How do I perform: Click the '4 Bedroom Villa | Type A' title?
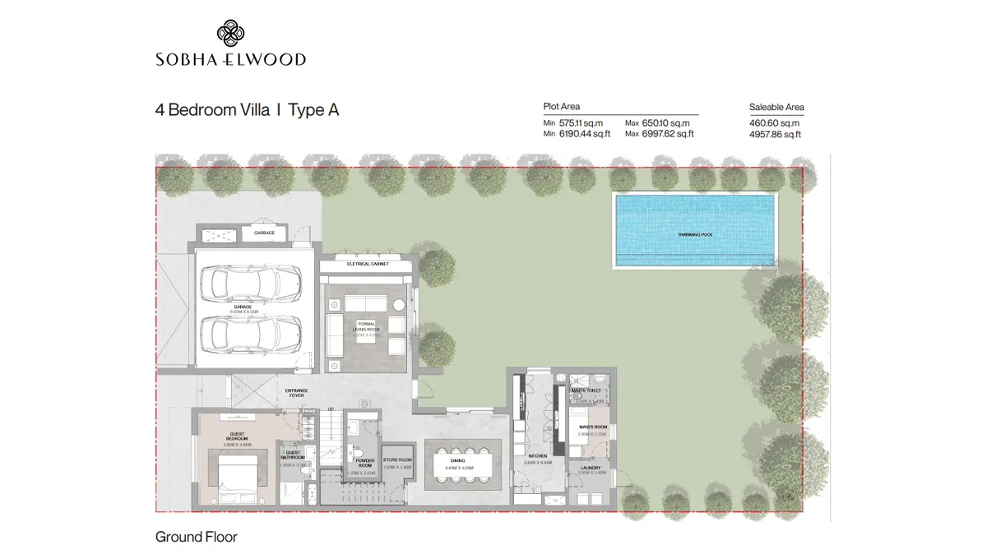tap(247, 110)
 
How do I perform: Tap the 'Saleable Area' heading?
tap(776, 107)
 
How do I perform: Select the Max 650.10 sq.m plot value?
tap(659, 122)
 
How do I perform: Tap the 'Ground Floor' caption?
tap(196, 537)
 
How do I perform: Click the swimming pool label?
tap(695, 235)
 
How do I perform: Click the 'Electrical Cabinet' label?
tap(367, 264)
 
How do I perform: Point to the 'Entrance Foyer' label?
tap(295, 392)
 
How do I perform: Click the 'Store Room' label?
tap(396, 462)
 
